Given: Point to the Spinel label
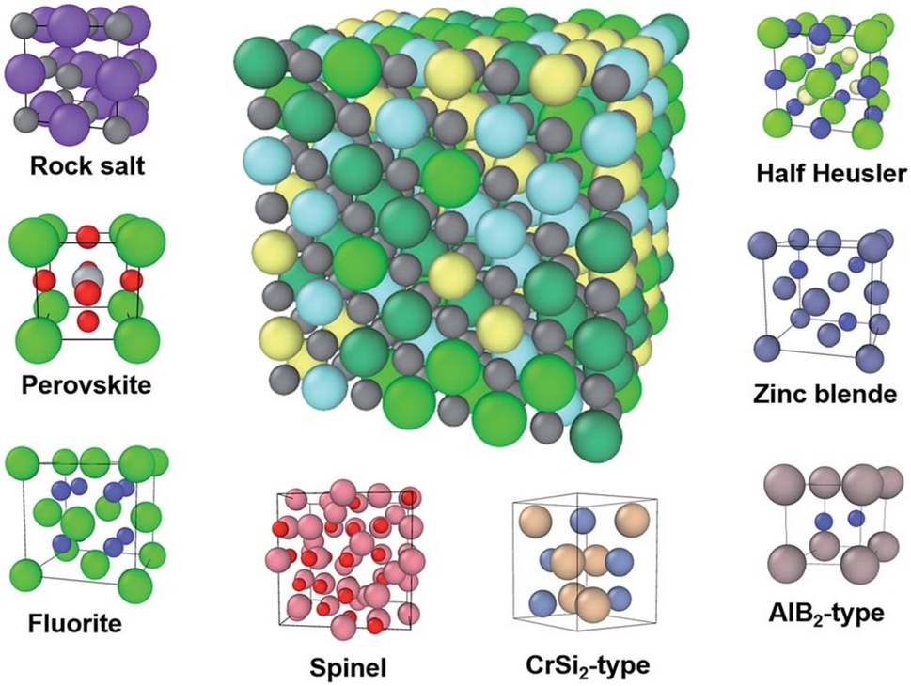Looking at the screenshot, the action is tap(349, 668).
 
